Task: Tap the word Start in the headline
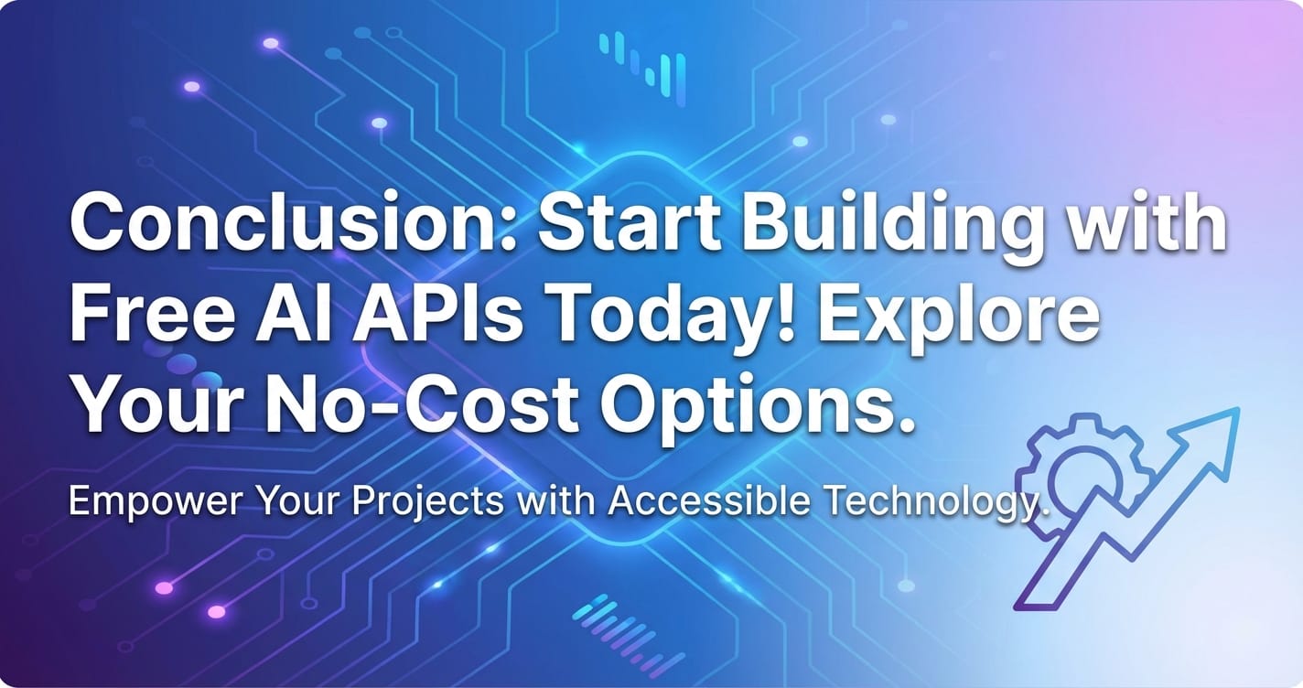click(x=630, y=223)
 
